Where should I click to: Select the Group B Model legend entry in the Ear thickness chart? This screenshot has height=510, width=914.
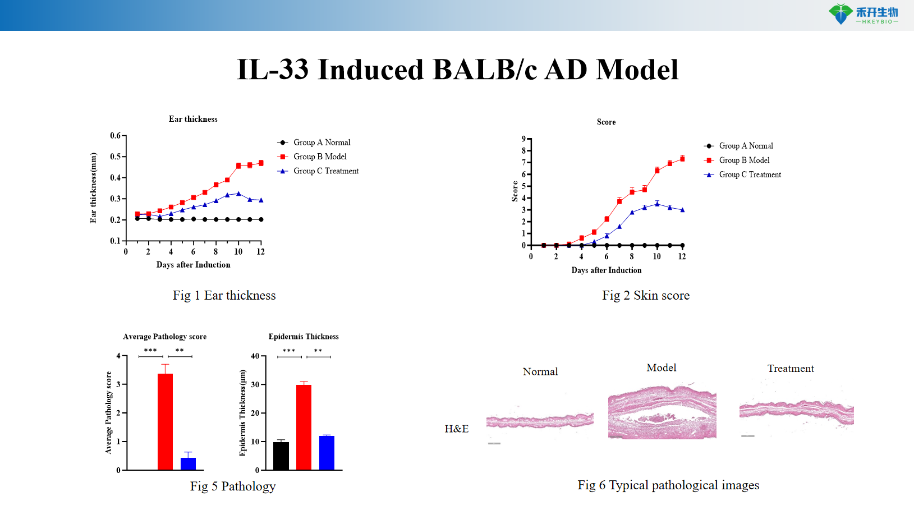pyautogui.click(x=319, y=157)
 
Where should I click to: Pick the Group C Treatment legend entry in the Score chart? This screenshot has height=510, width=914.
pyautogui.click(x=750, y=174)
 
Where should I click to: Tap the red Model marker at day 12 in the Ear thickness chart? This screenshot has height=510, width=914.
pyautogui.click(x=261, y=163)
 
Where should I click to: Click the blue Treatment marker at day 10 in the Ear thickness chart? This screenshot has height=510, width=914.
pyautogui.click(x=238, y=194)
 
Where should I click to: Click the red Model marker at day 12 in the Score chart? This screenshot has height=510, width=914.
pyautogui.click(x=682, y=159)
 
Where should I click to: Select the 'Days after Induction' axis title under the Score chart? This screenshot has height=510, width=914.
pyautogui.click(x=606, y=270)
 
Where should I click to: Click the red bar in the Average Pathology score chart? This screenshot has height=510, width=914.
pyautogui.click(x=165, y=421)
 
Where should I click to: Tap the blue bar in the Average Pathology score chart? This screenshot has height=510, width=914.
pyautogui.click(x=188, y=463)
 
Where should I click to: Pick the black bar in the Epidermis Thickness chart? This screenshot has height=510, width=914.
pyautogui.click(x=281, y=456)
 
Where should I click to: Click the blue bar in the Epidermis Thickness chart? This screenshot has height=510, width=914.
pyautogui.click(x=327, y=452)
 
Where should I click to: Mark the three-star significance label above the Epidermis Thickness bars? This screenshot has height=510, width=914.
pyautogui.click(x=289, y=351)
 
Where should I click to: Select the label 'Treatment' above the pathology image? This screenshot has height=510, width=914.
pyautogui.click(x=791, y=369)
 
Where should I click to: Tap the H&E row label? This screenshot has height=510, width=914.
pyautogui.click(x=456, y=429)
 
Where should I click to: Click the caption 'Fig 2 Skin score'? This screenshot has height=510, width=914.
pyautogui.click(x=646, y=296)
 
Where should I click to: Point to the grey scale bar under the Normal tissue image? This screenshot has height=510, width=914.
pyautogui.click(x=494, y=444)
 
